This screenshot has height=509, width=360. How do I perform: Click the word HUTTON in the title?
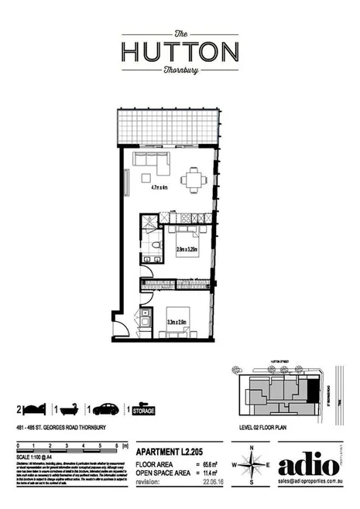point(179,51)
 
